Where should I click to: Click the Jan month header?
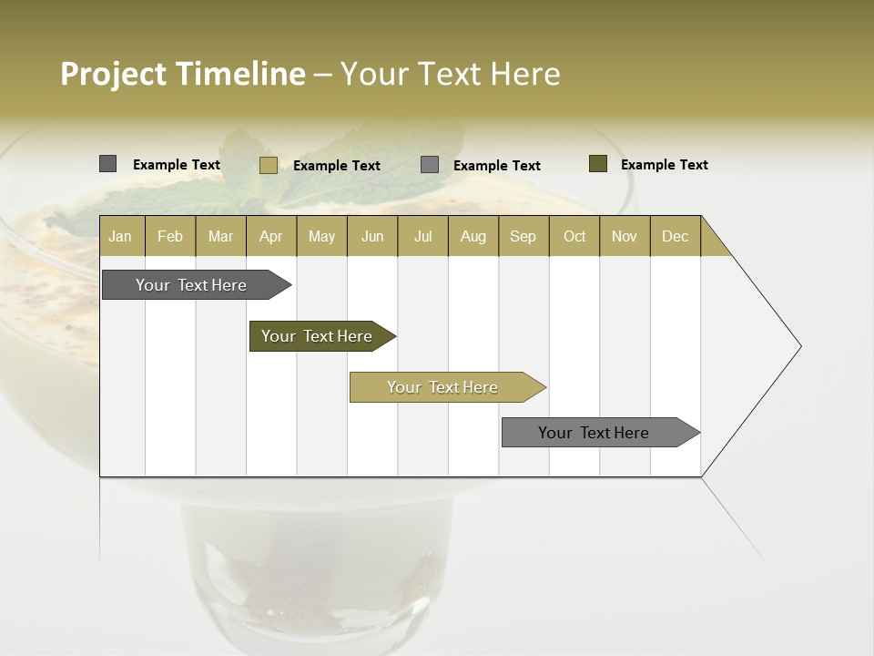[x=120, y=236]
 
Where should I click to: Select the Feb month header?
[x=170, y=236]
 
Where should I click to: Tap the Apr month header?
[x=270, y=236]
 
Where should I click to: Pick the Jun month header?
[x=372, y=236]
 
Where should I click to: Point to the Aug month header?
[x=473, y=236]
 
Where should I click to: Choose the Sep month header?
[x=523, y=236]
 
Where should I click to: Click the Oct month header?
[x=574, y=236]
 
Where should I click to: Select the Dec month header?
[x=675, y=236]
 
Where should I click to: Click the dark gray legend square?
[x=108, y=164]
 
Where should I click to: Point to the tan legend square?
[x=269, y=165]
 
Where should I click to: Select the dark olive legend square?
[x=598, y=164]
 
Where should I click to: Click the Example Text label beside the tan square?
[x=336, y=166]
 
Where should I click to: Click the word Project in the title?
[x=112, y=74]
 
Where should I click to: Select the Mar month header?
[x=220, y=236]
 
